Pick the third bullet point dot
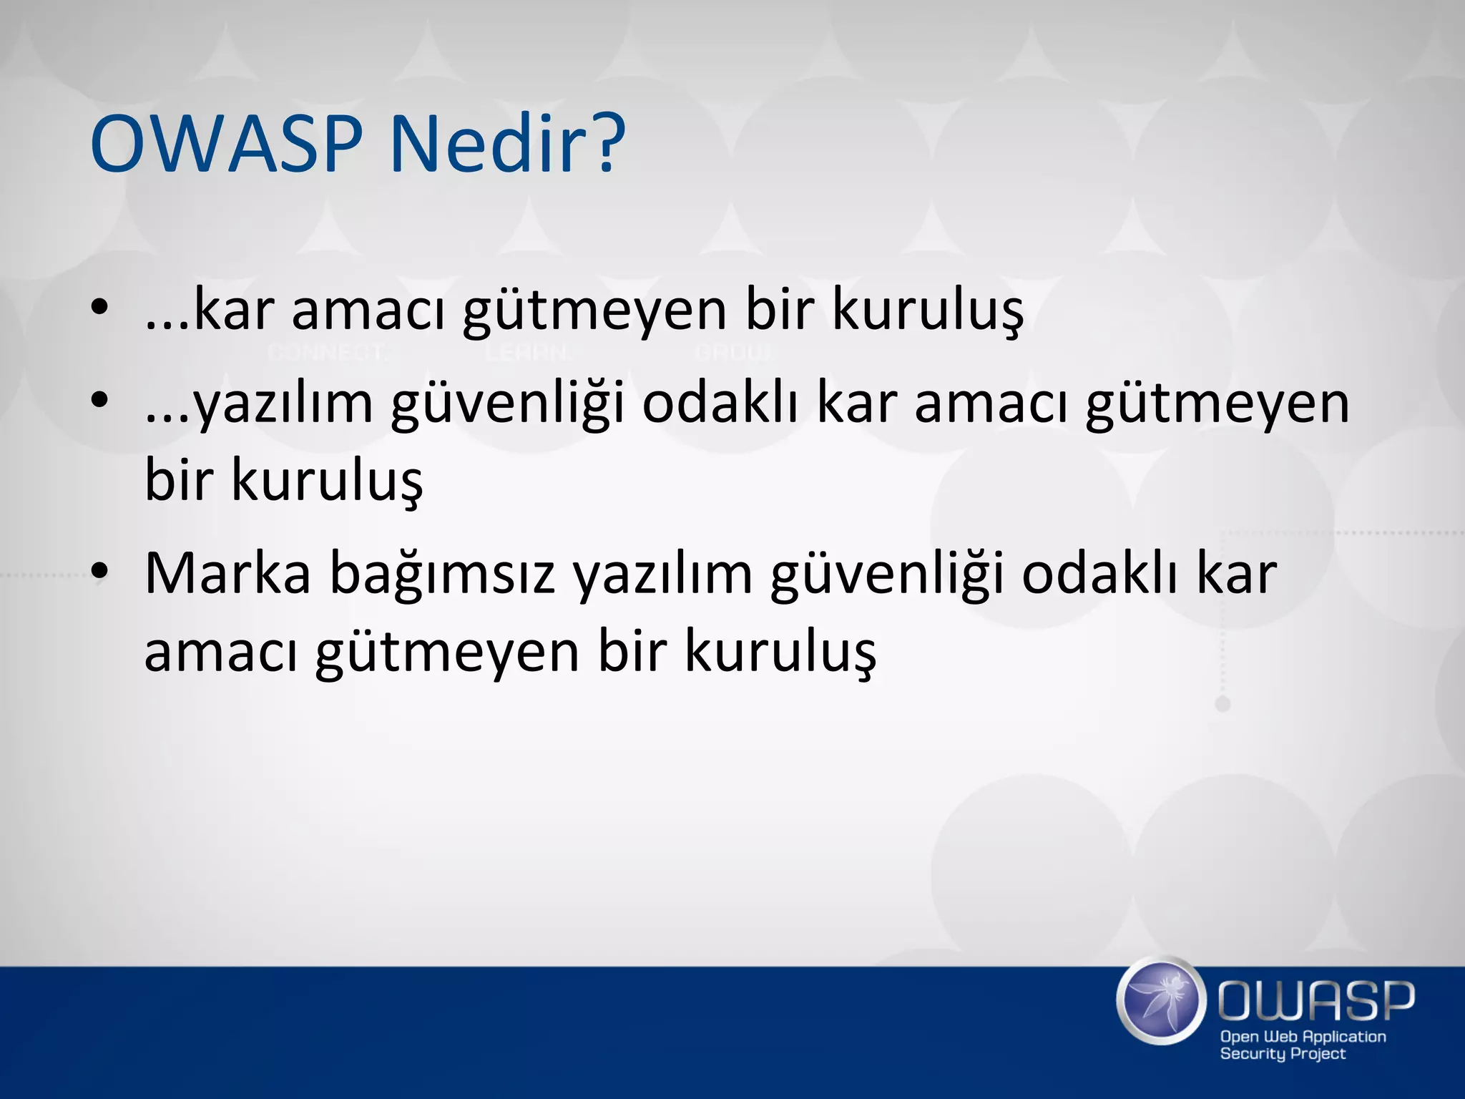(99, 571)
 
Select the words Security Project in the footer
(1282, 1054)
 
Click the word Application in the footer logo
(1346, 1036)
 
